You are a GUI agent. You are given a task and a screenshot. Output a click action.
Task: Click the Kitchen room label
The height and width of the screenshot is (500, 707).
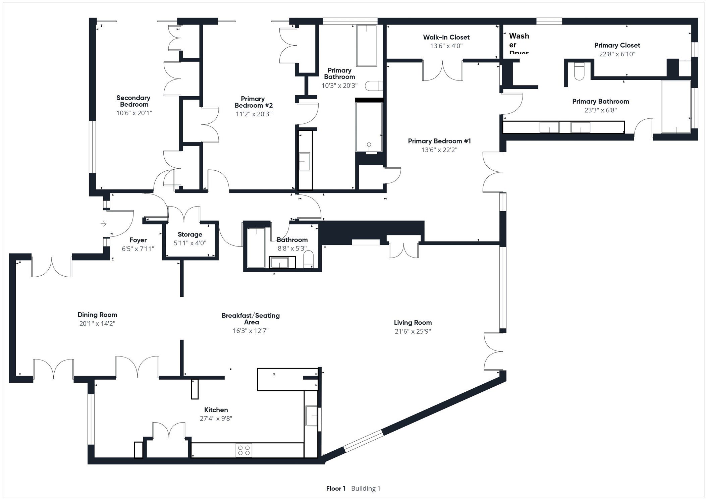(x=216, y=410)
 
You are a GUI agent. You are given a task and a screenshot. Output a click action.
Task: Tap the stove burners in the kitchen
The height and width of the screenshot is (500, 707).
(x=244, y=450)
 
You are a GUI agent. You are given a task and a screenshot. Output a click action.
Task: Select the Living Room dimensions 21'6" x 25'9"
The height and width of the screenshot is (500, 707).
(x=413, y=331)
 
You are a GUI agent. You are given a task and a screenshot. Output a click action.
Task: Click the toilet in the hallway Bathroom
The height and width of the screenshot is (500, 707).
(x=308, y=260)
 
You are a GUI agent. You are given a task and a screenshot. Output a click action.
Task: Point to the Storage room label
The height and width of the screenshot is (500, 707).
(x=190, y=234)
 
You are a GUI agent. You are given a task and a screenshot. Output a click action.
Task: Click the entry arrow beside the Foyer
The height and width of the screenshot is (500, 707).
(x=104, y=223)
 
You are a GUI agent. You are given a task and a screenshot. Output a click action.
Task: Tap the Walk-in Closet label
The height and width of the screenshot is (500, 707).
(x=446, y=37)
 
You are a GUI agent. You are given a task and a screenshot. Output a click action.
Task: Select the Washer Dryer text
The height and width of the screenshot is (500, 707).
(x=519, y=44)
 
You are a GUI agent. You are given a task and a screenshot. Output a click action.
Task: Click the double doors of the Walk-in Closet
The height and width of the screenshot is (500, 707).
(x=443, y=71)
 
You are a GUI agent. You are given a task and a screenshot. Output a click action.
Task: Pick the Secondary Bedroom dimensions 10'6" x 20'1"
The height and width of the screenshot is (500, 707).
(x=134, y=113)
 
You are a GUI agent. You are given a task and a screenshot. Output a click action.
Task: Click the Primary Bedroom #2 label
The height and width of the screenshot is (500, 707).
(x=253, y=102)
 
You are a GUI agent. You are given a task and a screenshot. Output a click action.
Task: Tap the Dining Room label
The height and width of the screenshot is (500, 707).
(x=97, y=315)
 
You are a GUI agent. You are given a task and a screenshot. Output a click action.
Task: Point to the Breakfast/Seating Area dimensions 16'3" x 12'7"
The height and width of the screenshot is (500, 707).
(x=251, y=331)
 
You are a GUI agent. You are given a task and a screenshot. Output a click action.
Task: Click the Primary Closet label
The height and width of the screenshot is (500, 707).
(x=617, y=45)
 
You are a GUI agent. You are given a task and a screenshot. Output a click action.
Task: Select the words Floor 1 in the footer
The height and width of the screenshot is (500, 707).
(x=335, y=488)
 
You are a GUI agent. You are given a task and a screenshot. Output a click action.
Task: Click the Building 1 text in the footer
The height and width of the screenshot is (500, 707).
(x=366, y=488)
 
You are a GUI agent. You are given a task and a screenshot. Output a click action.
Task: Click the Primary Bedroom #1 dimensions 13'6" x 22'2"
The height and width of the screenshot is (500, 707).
(x=439, y=150)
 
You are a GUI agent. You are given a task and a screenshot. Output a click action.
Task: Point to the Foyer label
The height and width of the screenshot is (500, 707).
(x=138, y=240)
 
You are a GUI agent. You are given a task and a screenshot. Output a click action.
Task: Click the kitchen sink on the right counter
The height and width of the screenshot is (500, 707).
(x=311, y=415)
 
